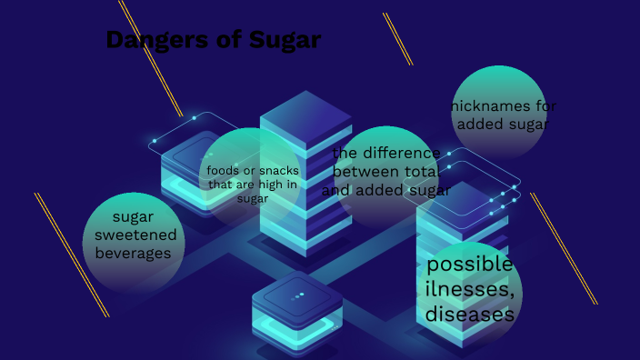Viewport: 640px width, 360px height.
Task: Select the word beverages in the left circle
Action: coord(134,254)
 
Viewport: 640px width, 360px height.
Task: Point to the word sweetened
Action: coord(135,235)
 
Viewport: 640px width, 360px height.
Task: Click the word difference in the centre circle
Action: coord(397,152)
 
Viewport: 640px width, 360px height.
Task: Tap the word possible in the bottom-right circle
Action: coord(470,264)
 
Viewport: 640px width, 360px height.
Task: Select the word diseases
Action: coord(470,315)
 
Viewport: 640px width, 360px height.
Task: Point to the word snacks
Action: coord(274,170)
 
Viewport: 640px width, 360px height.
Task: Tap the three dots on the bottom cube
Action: coord(297,295)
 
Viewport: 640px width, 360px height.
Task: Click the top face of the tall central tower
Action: coord(293,116)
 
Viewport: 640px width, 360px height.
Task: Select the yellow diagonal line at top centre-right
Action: coord(398,38)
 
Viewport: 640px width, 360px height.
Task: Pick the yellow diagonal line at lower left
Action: coord(72,255)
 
